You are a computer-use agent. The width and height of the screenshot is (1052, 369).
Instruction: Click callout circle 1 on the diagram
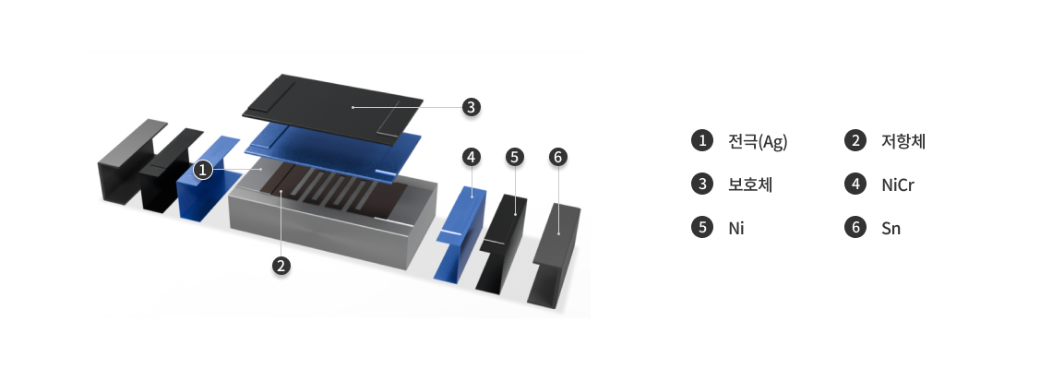pos(203,171)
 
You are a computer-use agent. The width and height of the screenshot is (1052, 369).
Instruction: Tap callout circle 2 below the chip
pos(281,266)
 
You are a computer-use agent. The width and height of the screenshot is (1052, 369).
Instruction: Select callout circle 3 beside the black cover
pos(471,107)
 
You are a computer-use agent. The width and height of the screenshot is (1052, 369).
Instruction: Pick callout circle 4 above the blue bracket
pos(472,157)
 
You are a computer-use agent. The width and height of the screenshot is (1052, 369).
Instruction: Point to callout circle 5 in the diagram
pos(515,157)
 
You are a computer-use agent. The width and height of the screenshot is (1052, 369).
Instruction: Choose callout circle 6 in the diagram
pos(557,157)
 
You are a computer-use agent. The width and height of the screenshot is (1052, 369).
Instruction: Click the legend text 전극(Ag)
pos(758,141)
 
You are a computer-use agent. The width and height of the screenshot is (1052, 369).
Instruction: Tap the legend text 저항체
pos(903,141)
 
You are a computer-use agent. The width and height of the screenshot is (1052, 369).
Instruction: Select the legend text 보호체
pos(750,184)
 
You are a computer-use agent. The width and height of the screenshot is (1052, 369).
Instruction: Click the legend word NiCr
pos(898,185)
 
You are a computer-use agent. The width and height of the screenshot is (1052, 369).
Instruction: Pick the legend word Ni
pos(736,228)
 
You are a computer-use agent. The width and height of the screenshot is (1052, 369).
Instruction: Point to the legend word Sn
pos(891,228)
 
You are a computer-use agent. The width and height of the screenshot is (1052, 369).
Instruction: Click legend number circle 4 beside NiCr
pos(855,184)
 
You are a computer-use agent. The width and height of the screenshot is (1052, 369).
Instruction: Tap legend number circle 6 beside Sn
pos(855,228)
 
